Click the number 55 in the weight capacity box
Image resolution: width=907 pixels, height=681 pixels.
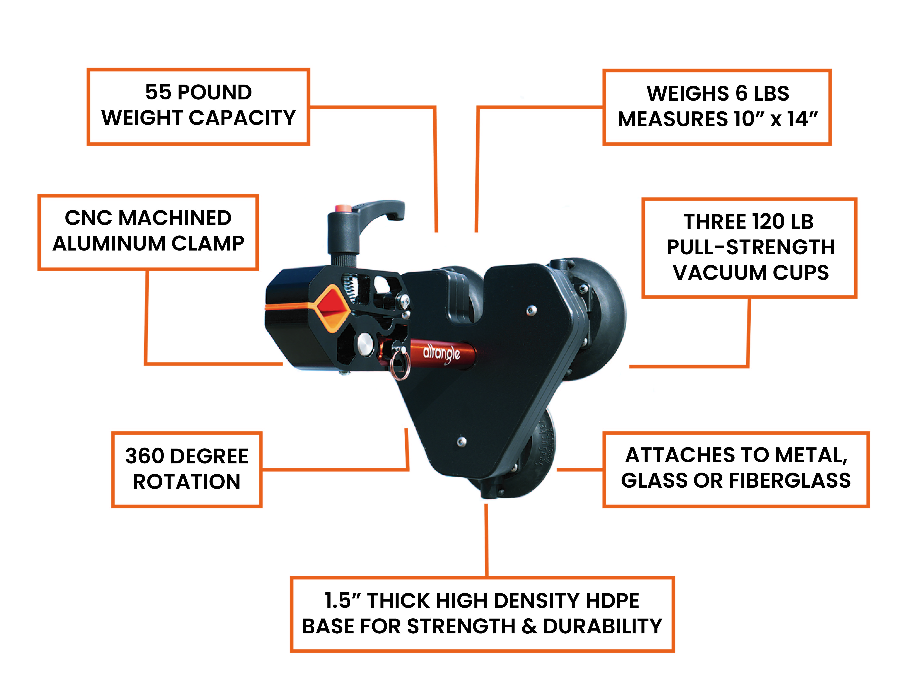point(158,92)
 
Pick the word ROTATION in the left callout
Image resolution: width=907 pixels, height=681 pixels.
point(187,482)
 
